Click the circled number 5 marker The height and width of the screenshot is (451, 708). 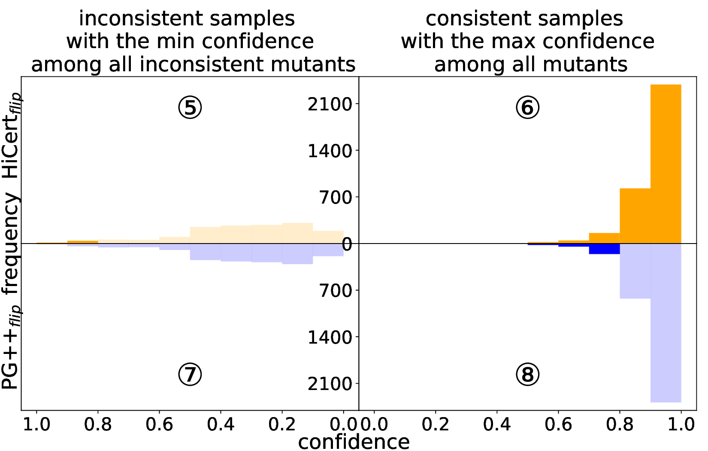click(x=190, y=107)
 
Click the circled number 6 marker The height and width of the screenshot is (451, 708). click(x=527, y=107)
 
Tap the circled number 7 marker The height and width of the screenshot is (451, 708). click(x=190, y=375)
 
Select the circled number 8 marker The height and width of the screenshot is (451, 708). click(x=527, y=375)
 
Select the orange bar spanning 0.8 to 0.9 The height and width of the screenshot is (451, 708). click(x=635, y=216)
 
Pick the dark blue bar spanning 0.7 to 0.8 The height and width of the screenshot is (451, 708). click(x=604, y=249)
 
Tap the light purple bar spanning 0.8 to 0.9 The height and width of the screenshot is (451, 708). click(x=635, y=271)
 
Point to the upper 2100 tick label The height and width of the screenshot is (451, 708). click(x=330, y=104)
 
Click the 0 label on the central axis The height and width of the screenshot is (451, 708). click(x=347, y=244)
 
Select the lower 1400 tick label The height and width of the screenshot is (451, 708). click(x=330, y=338)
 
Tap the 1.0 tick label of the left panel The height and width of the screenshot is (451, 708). click(x=36, y=425)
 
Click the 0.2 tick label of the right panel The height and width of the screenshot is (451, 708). click(x=436, y=425)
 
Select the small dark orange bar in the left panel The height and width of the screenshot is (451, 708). click(x=82, y=242)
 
